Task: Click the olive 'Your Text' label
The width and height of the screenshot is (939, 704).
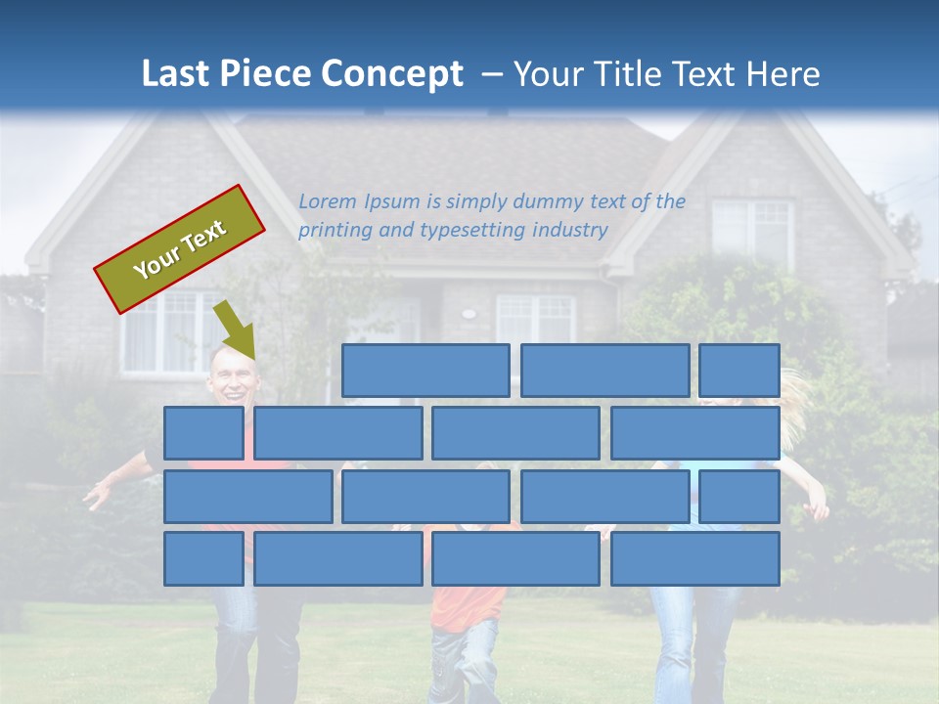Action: pyautogui.click(x=180, y=248)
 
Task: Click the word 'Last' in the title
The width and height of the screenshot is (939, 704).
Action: pyautogui.click(x=177, y=73)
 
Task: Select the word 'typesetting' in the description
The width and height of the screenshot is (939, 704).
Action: pyautogui.click(x=473, y=231)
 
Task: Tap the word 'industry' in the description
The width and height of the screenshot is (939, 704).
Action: pyautogui.click(x=570, y=231)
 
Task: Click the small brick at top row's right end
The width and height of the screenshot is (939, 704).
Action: pyautogui.click(x=739, y=371)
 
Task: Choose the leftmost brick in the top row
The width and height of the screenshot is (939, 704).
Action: pyautogui.click(x=425, y=371)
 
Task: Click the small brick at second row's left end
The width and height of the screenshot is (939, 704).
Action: pyautogui.click(x=203, y=433)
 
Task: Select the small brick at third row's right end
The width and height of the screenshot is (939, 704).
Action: pyautogui.click(x=739, y=496)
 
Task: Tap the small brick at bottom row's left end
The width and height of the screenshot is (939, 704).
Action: pyautogui.click(x=203, y=558)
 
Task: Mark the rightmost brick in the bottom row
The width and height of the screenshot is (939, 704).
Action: pyautogui.click(x=695, y=558)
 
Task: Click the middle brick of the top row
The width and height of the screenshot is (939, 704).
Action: pyautogui.click(x=604, y=371)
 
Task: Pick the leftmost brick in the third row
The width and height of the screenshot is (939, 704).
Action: pyautogui.click(x=247, y=496)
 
